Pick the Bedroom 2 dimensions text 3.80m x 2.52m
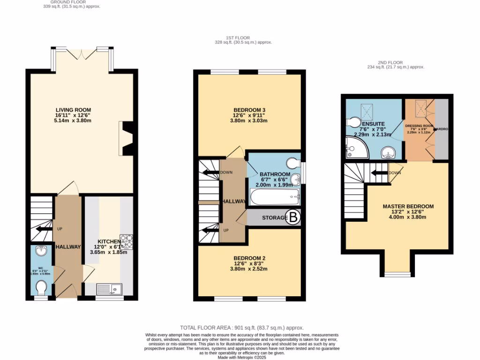[248, 269]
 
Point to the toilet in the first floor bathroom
[295, 162]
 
